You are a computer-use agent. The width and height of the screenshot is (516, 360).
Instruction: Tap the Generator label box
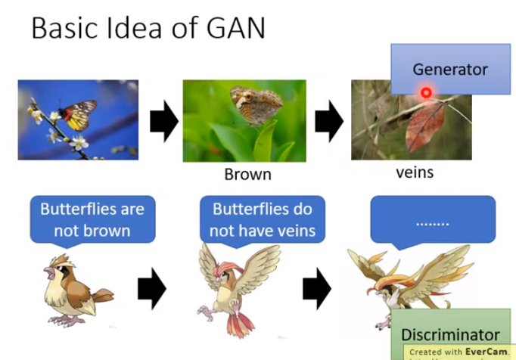[450, 69]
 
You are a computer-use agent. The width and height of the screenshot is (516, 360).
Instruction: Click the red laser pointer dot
[427, 93]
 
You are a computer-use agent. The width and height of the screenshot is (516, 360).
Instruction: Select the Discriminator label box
[450, 334]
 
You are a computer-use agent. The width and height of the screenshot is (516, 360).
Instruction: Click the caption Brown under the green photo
[247, 175]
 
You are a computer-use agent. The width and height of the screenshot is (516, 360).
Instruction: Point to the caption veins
[415, 172]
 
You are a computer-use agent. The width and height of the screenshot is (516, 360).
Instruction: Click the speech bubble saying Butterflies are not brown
[92, 219]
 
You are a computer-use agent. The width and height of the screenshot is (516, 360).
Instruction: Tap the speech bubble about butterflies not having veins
[263, 219]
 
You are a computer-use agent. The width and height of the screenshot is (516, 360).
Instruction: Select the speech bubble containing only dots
[432, 220]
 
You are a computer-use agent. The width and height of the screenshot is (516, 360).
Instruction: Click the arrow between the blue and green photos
[163, 121]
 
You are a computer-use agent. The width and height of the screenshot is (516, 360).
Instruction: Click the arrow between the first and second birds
[151, 290]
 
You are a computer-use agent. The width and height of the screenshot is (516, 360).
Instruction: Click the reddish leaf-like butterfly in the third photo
[425, 126]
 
